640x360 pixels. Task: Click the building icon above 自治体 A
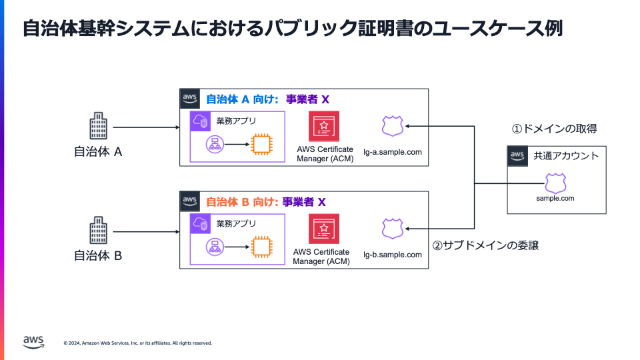click(x=98, y=127)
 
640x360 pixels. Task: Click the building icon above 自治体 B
click(x=98, y=230)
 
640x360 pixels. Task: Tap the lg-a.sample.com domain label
click(x=393, y=152)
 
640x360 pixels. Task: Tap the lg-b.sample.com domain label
click(x=393, y=255)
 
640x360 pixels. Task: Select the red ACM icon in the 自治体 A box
click(x=324, y=126)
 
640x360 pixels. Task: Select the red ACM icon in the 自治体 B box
click(x=324, y=229)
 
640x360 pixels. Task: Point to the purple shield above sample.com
click(x=555, y=183)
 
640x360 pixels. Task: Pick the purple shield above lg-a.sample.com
click(x=393, y=126)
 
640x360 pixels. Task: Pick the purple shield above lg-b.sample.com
click(x=393, y=229)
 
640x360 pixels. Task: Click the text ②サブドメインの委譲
click(x=485, y=245)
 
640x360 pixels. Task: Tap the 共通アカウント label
click(x=566, y=157)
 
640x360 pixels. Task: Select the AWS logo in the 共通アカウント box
click(x=517, y=156)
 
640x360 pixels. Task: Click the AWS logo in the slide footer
click(x=33, y=341)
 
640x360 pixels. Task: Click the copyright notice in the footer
click(x=138, y=343)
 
